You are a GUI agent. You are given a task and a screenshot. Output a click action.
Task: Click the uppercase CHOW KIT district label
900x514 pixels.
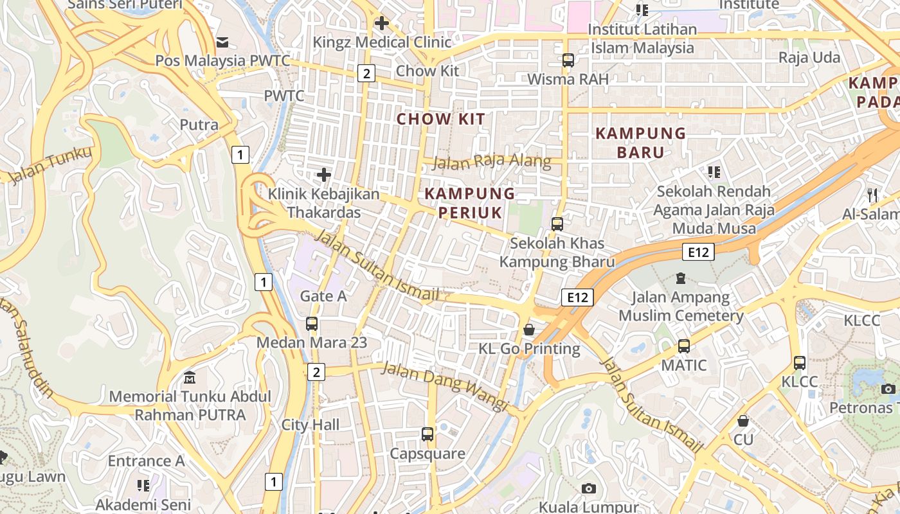pos(440,119)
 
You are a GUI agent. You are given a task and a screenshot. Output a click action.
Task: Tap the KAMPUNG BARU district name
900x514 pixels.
pos(640,143)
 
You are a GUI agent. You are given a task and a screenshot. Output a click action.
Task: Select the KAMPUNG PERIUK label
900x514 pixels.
pos(470,203)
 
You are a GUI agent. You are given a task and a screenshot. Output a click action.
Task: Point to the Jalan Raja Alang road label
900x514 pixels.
pos(492,161)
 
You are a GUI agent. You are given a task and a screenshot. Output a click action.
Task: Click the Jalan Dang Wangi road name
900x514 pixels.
pos(445,386)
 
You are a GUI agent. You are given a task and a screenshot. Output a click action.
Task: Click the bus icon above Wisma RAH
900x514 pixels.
pos(568,60)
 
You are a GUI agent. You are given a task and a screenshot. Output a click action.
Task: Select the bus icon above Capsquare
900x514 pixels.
pos(428,434)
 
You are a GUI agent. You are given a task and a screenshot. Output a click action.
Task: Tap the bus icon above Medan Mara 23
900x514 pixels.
pos(312,324)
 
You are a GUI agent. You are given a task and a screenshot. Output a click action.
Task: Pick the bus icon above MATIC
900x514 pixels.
pos(683,346)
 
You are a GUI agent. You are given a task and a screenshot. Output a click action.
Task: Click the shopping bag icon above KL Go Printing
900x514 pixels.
pos(528,330)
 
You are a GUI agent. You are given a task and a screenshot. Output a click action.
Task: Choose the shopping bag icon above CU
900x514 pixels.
pos(743,421)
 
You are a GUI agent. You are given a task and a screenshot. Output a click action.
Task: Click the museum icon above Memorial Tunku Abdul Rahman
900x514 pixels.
pos(190,377)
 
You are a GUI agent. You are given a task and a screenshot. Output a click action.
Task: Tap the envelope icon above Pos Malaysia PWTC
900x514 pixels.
pos(222,42)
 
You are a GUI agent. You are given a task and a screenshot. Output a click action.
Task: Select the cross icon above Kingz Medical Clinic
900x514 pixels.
pos(382,24)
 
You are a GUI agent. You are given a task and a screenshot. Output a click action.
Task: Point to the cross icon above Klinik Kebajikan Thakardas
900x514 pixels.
pos(324,174)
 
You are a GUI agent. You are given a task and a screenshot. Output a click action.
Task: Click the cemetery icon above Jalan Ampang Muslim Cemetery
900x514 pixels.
pos(680,278)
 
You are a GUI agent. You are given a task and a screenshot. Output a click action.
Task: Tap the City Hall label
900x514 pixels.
pos(310,425)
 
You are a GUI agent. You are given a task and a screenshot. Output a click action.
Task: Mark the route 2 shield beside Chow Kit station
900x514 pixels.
pos(366,73)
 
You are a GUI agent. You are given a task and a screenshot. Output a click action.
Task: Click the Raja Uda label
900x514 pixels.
pos(809,58)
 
